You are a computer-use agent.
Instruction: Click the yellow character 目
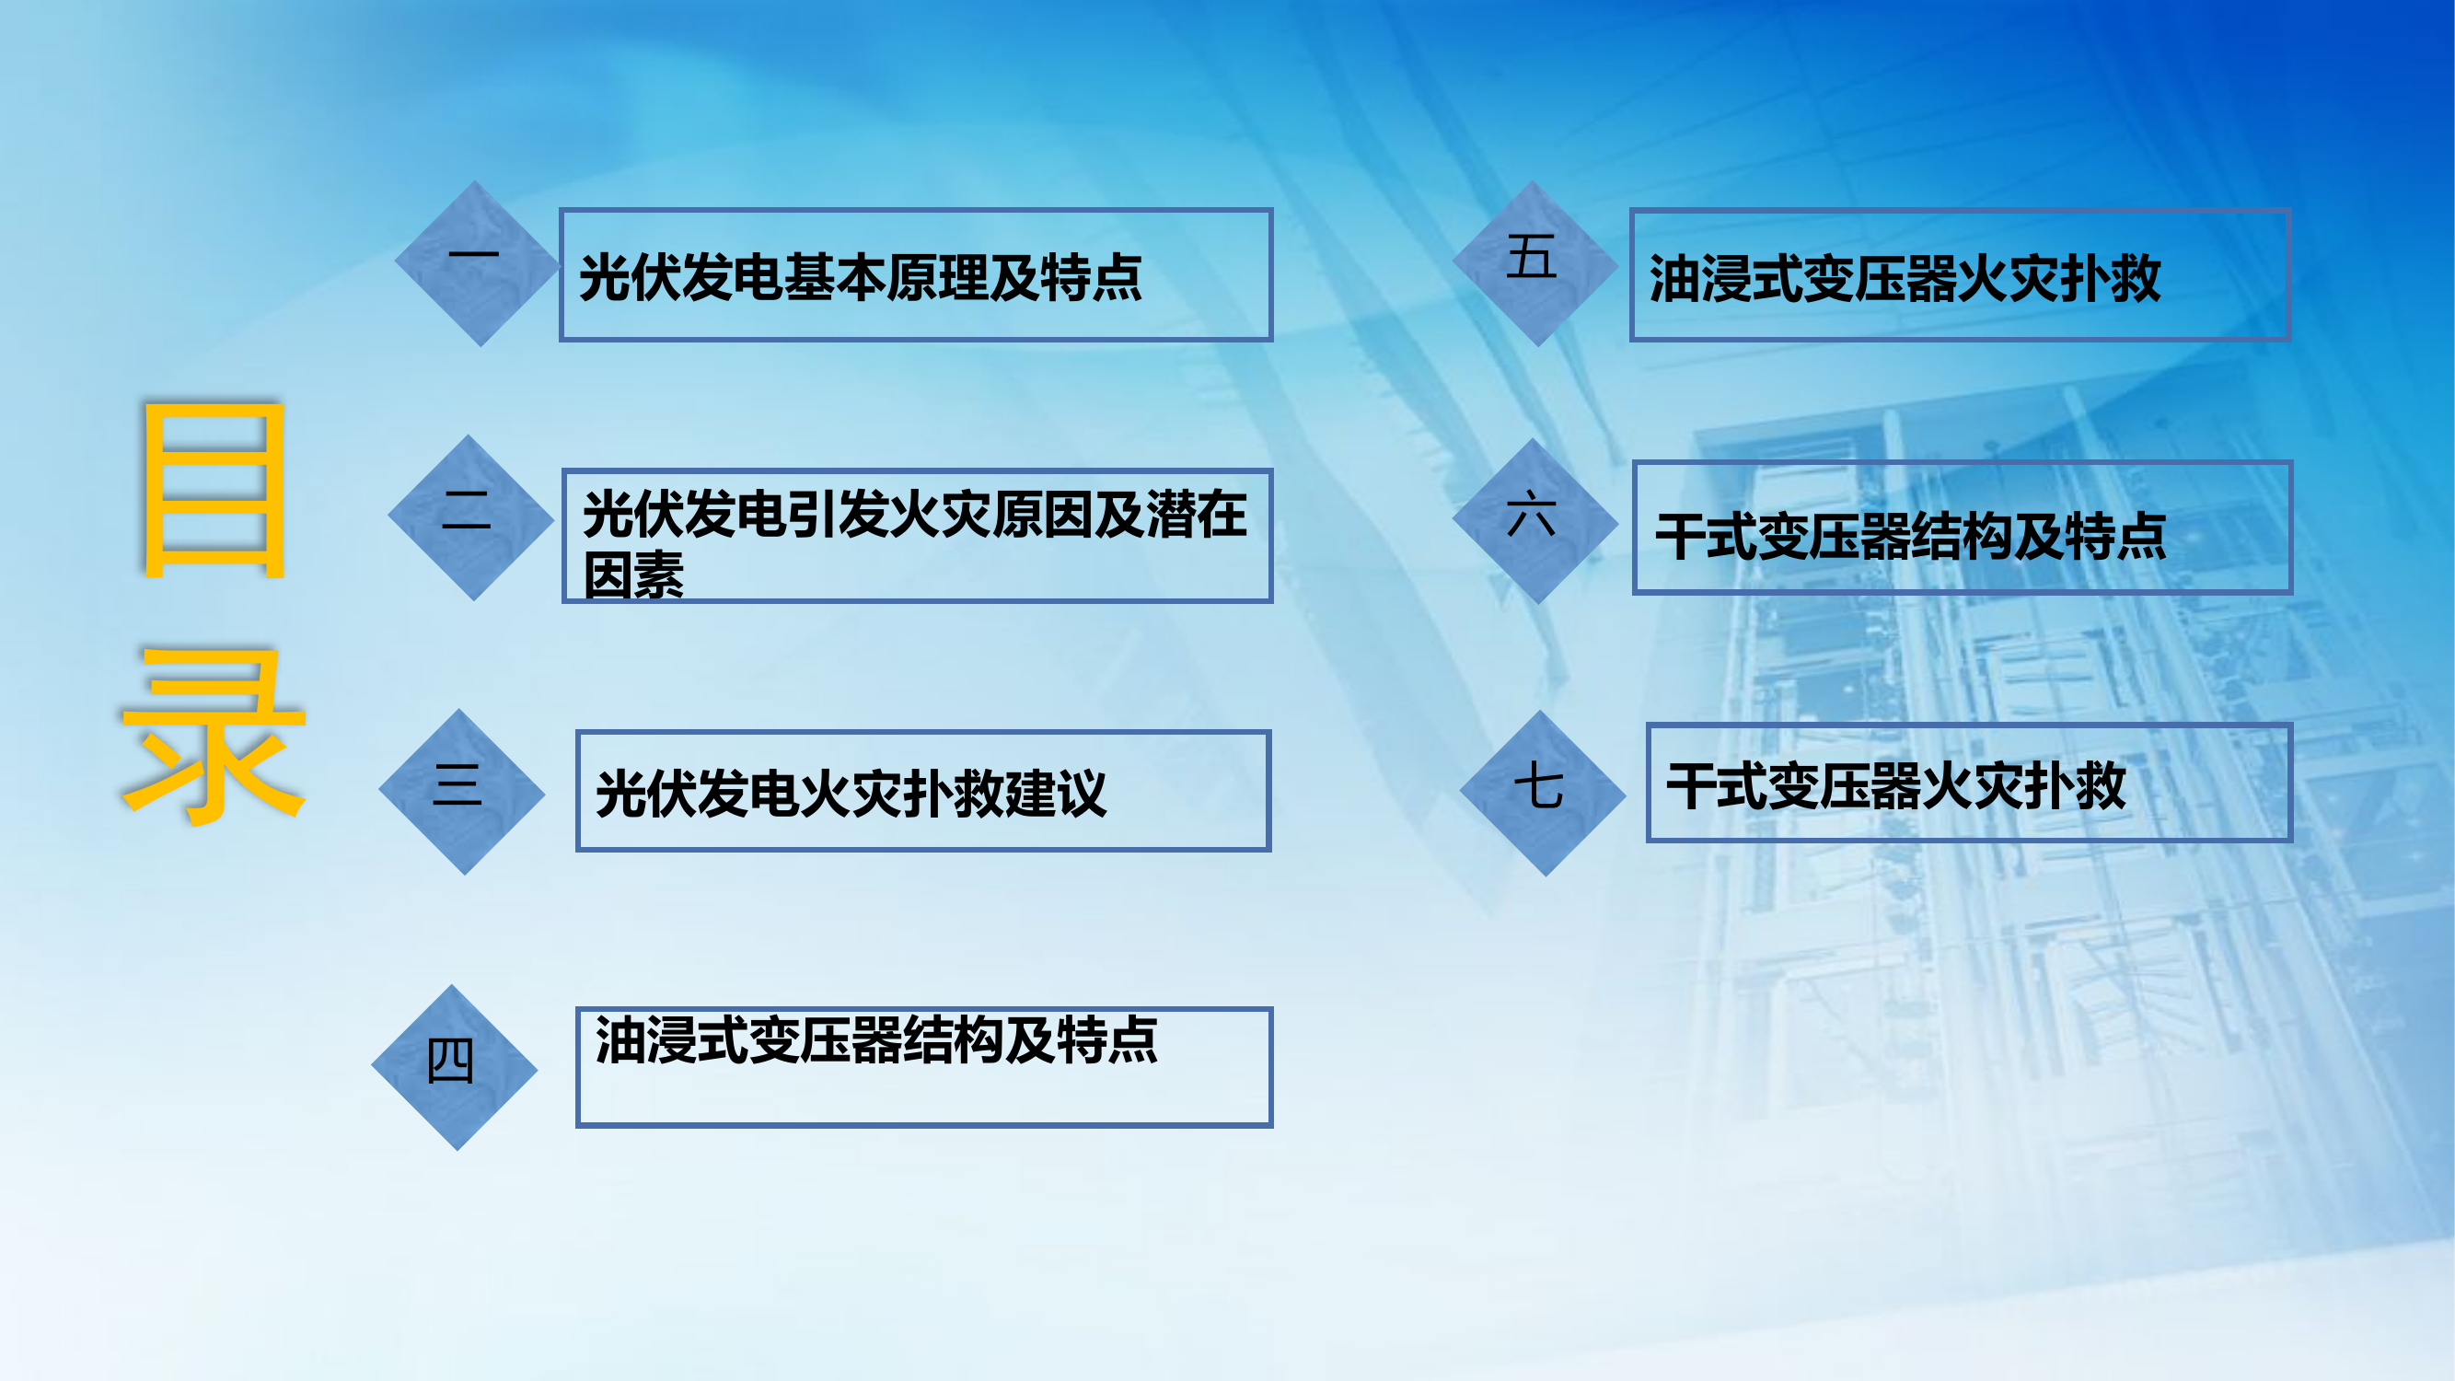coord(214,490)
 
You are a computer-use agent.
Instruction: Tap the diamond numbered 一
coord(477,263)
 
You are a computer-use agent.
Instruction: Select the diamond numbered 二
coord(469,517)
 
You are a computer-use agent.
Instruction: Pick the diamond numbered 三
coord(461,791)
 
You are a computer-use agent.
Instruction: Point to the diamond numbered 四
coord(454,1066)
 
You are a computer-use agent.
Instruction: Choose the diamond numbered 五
coord(1534,263)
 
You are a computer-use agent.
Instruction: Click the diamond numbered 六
coord(1534,520)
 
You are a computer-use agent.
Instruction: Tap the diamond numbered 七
coord(1542,793)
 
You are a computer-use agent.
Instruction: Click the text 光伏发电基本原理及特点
coord(860,278)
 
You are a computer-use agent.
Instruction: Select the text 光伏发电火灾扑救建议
coord(851,794)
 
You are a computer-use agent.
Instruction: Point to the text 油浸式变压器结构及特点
coord(875,1039)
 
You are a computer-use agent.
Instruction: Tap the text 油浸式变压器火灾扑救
coord(1905,279)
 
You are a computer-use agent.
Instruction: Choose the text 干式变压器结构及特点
coord(1910,537)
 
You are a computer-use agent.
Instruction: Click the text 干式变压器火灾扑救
coord(1895,786)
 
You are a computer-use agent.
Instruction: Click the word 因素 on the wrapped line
coord(633,575)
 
